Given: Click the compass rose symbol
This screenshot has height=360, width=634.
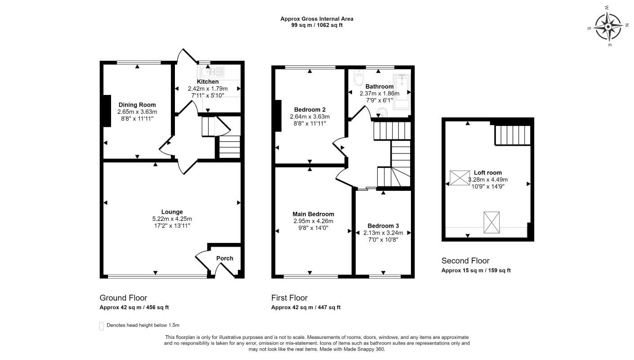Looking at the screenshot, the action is [x=608, y=26].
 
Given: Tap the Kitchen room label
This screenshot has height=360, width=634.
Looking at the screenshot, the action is [x=207, y=81].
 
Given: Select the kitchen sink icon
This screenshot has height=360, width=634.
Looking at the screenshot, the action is [x=212, y=72].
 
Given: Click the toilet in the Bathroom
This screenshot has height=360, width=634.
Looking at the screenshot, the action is [x=359, y=77].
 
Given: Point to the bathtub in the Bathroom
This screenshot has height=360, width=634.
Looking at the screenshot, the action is [x=402, y=91].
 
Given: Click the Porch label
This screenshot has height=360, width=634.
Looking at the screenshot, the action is [x=225, y=258].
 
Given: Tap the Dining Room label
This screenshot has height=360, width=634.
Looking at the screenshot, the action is [x=137, y=105].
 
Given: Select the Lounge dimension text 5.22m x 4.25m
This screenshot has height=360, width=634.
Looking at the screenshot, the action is [x=172, y=219].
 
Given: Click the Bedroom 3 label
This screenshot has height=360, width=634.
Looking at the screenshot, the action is [x=383, y=226].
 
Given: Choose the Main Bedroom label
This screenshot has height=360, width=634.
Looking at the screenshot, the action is [x=313, y=214].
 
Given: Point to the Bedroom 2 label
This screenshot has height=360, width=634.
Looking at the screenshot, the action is [x=310, y=110].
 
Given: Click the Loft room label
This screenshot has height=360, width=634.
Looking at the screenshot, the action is [x=488, y=172].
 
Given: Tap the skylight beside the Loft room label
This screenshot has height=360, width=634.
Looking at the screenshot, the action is [x=460, y=178].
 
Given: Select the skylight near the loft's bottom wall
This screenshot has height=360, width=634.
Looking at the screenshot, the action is [x=491, y=222].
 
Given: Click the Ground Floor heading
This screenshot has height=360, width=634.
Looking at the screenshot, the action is [x=123, y=298].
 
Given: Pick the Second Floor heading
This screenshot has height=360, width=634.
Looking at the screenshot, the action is [x=465, y=261].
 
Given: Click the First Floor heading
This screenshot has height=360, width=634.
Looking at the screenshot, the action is [x=289, y=298].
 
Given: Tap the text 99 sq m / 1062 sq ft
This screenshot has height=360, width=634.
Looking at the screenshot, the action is [x=317, y=25].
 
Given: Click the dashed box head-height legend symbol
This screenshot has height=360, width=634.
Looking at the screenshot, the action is [x=101, y=326].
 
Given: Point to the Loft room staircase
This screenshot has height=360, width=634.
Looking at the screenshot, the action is [x=513, y=135].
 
